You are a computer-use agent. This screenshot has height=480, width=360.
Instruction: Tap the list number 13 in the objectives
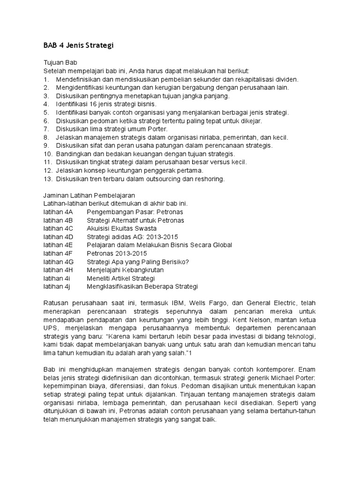pyautogui.click(x=47, y=179)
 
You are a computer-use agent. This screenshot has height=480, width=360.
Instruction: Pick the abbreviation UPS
pyautogui.click(x=50, y=328)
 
